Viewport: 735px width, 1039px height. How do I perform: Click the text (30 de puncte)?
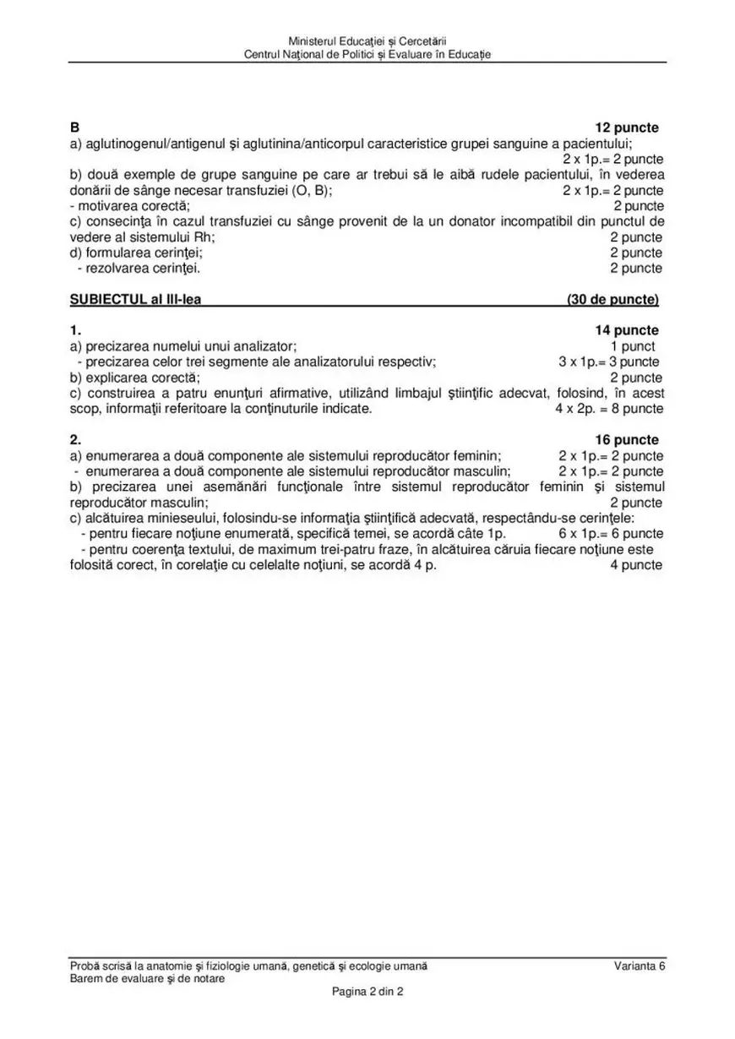coord(612,299)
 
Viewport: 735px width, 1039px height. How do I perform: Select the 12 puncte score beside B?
coord(627,128)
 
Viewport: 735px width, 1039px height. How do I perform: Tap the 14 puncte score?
coord(627,330)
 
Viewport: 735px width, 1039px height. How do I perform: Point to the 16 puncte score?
coord(627,440)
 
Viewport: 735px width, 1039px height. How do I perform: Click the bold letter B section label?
coord(74,128)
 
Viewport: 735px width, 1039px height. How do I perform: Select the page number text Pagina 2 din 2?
coord(367,992)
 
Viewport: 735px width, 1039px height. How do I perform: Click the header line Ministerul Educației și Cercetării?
coord(367,41)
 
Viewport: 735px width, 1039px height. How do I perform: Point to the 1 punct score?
coord(633,345)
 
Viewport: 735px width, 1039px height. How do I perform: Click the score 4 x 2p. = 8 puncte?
coord(608,409)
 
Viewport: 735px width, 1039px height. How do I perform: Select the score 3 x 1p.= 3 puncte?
coord(608,362)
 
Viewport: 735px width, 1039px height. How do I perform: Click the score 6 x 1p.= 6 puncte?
coord(610,534)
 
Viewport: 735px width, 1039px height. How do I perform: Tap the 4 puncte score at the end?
coord(635,565)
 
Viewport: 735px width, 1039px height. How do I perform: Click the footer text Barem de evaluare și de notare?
coord(148,978)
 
